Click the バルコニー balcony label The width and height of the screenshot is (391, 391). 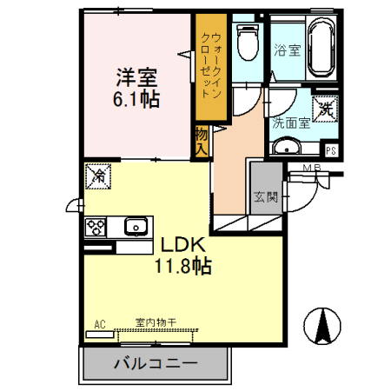click(156, 363)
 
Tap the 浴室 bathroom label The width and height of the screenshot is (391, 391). click(288, 50)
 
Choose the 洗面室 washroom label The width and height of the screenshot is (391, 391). click(291, 123)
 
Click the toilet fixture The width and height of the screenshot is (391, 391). click(249, 42)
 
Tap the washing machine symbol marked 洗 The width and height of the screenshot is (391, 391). click(325, 108)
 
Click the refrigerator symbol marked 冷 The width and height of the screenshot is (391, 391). click(99, 176)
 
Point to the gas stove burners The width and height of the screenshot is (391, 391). click(95, 228)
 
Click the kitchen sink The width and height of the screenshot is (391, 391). click(135, 228)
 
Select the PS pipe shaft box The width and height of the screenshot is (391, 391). click(330, 148)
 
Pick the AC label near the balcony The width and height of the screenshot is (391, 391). click(101, 324)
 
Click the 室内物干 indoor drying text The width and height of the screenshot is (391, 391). click(156, 322)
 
